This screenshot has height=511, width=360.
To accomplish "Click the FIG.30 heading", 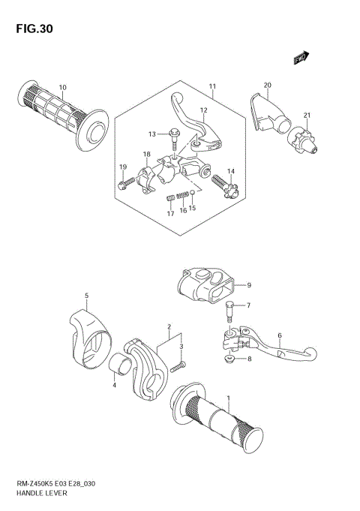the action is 34,29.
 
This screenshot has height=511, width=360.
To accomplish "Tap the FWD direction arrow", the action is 301,58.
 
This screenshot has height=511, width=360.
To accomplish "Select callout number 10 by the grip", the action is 62,87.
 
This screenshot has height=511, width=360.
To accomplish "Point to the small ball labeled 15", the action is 193,192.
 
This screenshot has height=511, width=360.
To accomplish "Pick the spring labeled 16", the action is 182,195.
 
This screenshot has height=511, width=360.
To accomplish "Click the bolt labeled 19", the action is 126,183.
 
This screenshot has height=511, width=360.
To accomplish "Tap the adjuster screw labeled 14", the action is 225,186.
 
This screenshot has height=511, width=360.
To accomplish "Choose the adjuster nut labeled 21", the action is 301,141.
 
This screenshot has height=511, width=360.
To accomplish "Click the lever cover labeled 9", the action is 206,284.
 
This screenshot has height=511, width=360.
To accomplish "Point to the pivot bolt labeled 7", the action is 229,311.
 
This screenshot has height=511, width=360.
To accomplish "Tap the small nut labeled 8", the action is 229,359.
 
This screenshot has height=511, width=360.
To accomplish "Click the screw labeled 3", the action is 178,366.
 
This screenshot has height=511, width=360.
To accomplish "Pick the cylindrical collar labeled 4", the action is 121,363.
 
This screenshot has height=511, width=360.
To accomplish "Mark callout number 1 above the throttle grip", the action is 229,398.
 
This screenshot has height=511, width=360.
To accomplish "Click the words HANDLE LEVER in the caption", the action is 41,493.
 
